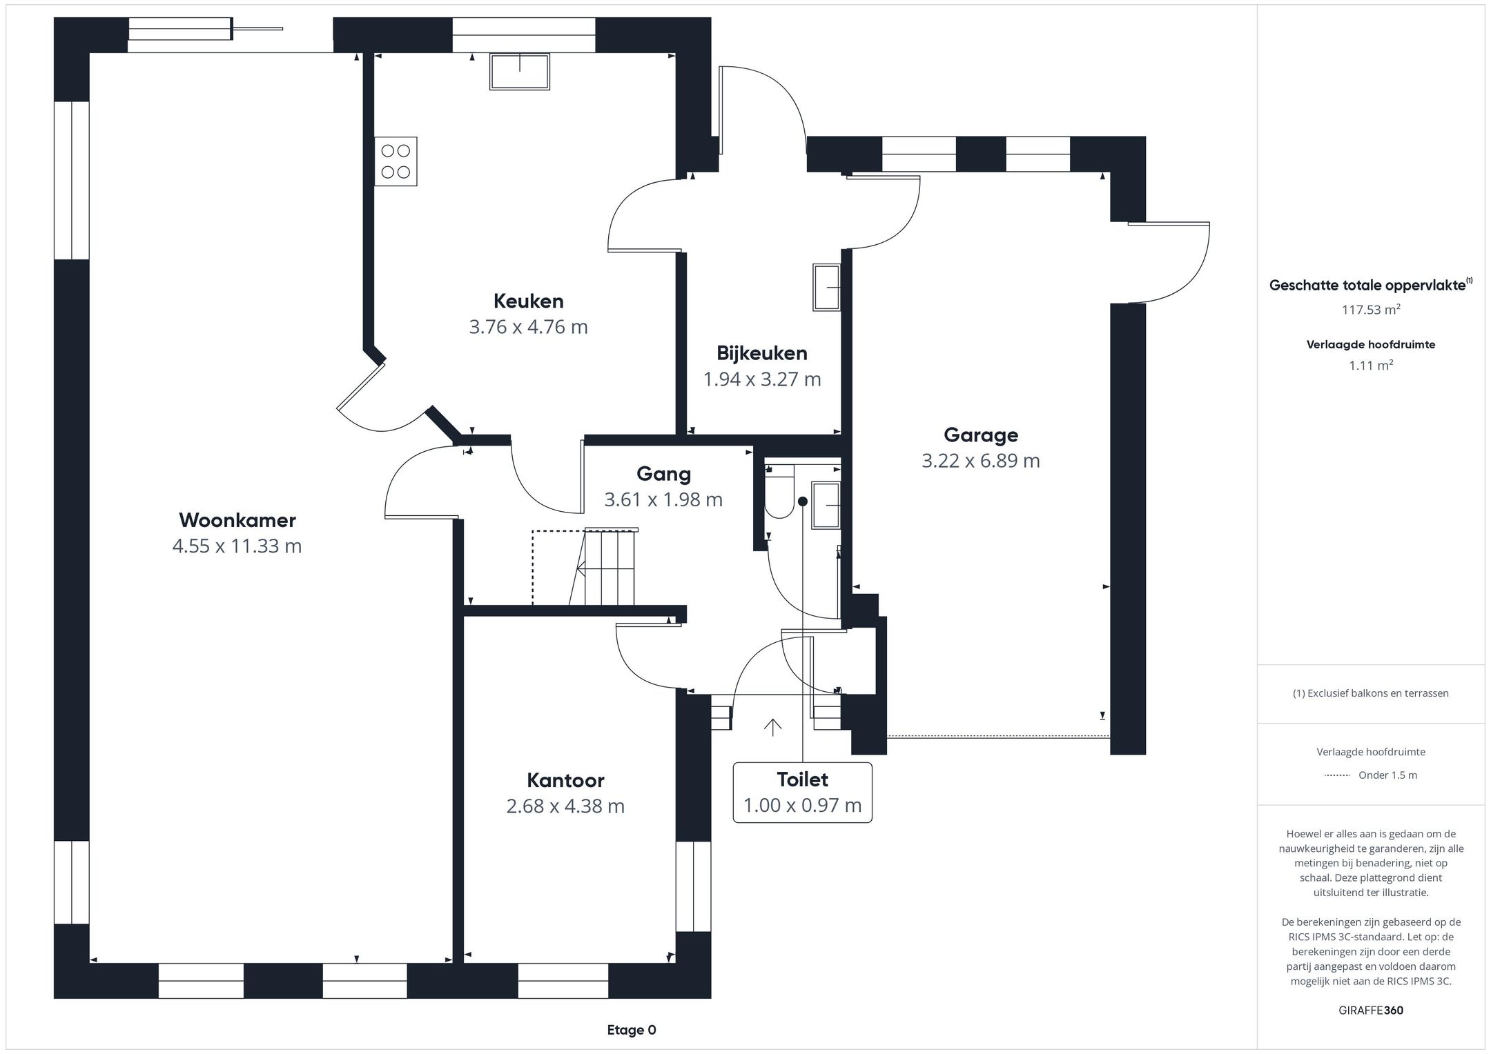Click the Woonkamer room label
(x=237, y=519)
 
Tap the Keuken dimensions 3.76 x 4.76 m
(x=529, y=326)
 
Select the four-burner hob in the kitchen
(x=396, y=161)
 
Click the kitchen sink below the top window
(x=520, y=72)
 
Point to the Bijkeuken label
(x=762, y=353)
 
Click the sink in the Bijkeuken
(x=827, y=287)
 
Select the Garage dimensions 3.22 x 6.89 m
(x=981, y=460)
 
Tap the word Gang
(x=663, y=474)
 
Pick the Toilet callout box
(x=802, y=793)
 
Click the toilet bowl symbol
(x=780, y=492)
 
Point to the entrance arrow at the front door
(x=772, y=727)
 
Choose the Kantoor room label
(x=565, y=780)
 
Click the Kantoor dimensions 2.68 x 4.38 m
(x=565, y=806)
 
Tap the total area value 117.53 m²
(x=1371, y=310)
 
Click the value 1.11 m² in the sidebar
(x=1371, y=365)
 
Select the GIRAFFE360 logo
(x=1371, y=1010)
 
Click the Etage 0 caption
(x=632, y=1030)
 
